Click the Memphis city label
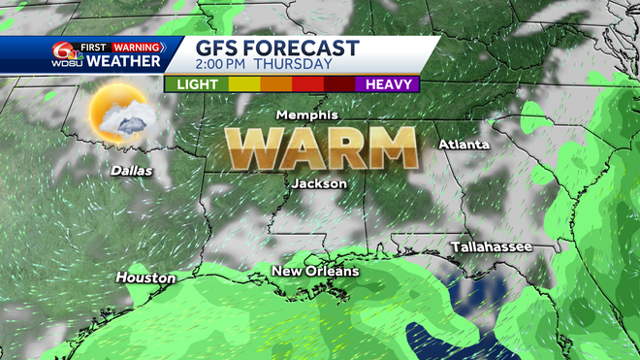pyautogui.click(x=306, y=115)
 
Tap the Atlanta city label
pyautogui.click(x=464, y=145)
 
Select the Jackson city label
pyautogui.click(x=319, y=182)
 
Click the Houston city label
pyautogui.click(x=145, y=278)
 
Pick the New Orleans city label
pyautogui.click(x=315, y=271)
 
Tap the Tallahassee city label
pyautogui.click(x=492, y=247)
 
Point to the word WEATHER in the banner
pyautogui.click(x=123, y=61)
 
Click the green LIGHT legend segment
pyautogui.click(x=196, y=84)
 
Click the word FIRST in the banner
pyautogui.click(x=93, y=46)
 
